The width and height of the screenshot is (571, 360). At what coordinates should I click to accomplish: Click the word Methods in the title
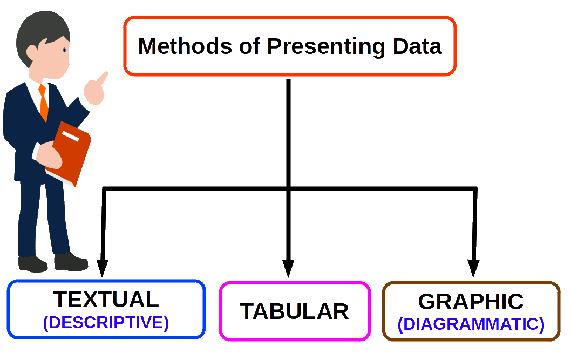[x=185, y=46]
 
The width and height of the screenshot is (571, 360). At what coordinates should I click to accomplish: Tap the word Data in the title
[x=417, y=46]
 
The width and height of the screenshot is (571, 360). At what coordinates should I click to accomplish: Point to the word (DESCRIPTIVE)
[x=106, y=323]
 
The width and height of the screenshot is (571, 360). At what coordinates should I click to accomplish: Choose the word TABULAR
[x=294, y=311]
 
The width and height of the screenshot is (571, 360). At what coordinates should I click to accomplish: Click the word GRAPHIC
[x=471, y=301]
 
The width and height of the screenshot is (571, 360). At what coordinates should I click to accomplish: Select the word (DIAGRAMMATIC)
[x=471, y=324]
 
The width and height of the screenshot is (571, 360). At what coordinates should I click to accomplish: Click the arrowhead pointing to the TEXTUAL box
[x=103, y=268]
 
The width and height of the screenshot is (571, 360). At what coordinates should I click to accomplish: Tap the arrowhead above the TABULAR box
[x=288, y=268]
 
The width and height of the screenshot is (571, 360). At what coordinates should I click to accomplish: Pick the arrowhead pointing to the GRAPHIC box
[x=473, y=268]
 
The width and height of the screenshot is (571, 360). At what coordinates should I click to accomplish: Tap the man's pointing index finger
[x=103, y=78]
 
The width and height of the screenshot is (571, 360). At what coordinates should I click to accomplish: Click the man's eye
[x=64, y=50]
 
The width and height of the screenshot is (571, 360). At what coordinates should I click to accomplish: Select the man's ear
[x=32, y=53]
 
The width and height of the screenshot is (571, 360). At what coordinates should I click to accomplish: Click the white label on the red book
[x=70, y=136]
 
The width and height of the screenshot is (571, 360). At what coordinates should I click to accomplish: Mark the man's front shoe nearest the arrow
[x=71, y=262]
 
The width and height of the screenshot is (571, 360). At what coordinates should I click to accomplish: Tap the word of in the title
[x=249, y=46]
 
